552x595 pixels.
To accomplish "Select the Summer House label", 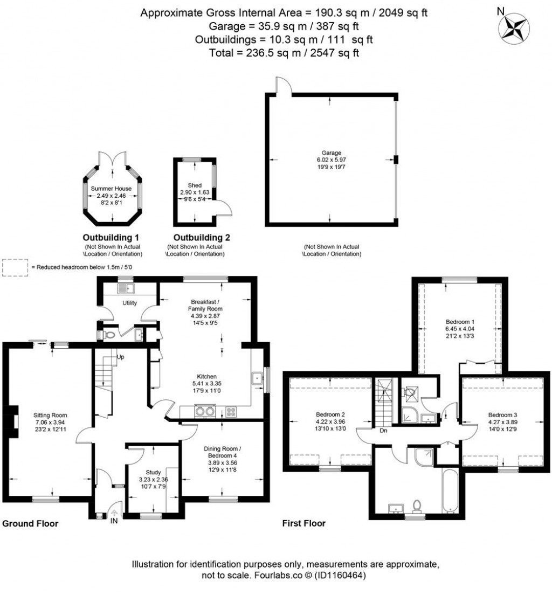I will pos(112,188).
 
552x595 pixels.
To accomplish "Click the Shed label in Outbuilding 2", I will pos(194,185).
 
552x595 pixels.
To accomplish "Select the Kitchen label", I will pos(206,376).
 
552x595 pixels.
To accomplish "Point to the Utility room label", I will pos(129,303).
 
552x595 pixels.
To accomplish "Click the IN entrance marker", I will pos(114,520).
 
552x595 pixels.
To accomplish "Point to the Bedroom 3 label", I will pos(502,414).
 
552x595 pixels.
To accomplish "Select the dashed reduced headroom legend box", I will pos(15,267).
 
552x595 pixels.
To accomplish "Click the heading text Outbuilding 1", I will pos(111,237).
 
